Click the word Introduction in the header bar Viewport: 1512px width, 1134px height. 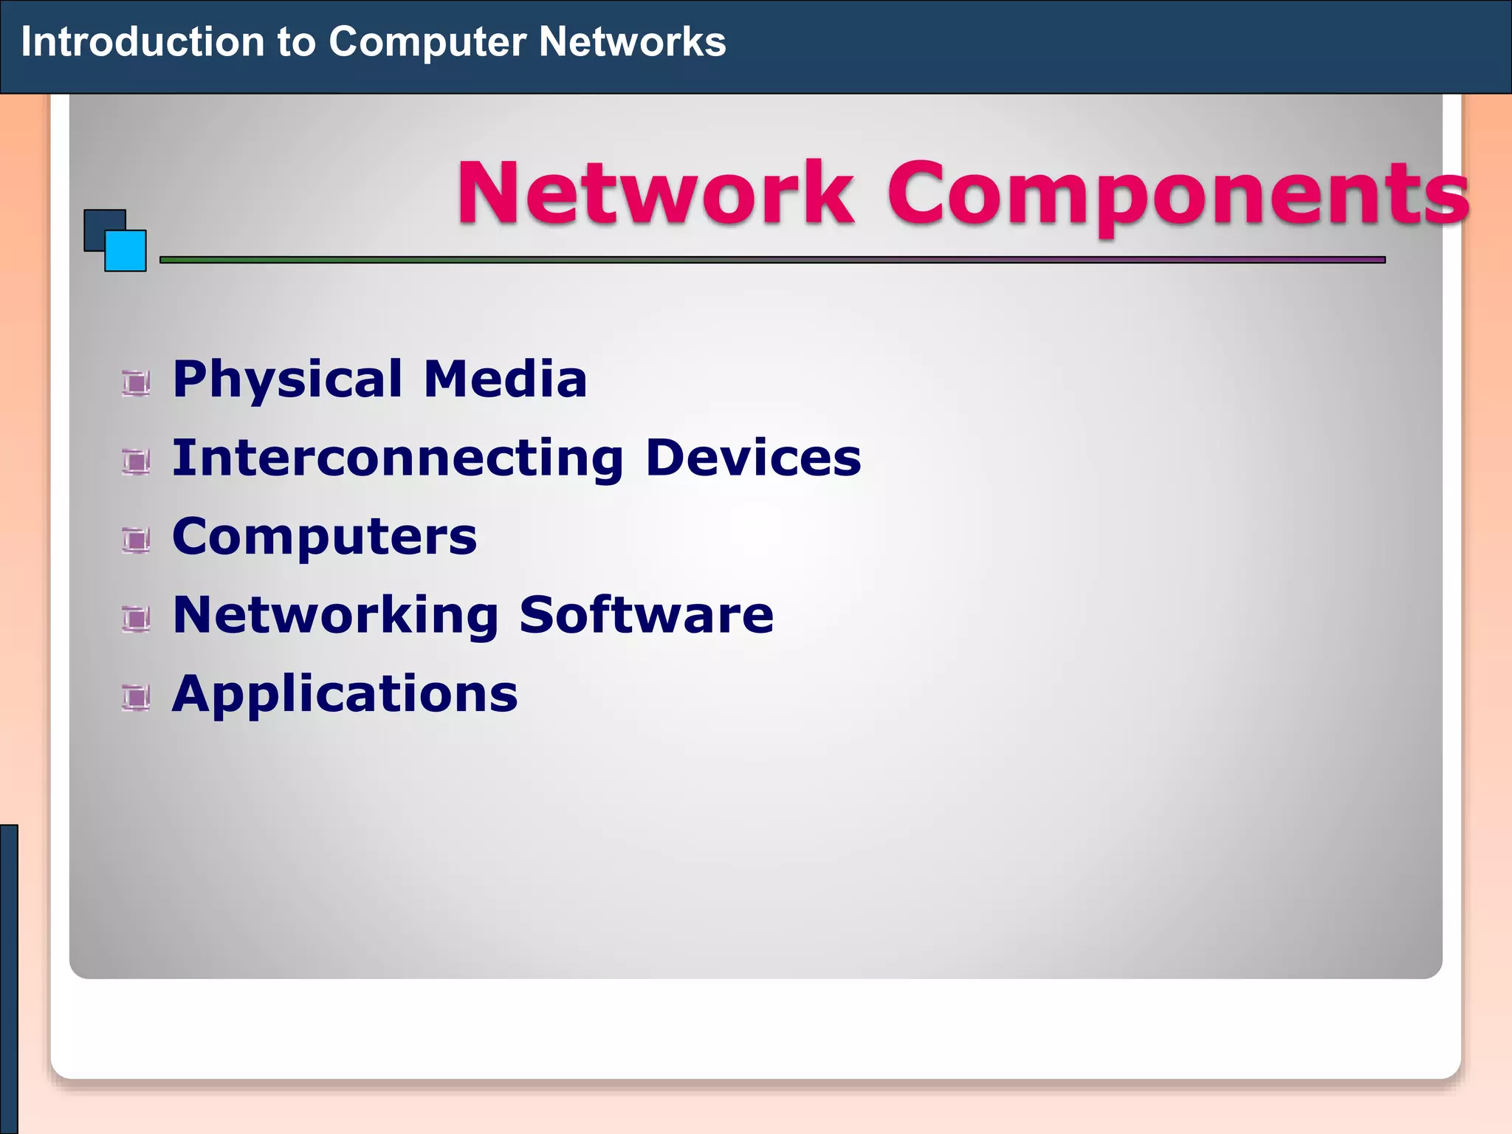[x=142, y=42]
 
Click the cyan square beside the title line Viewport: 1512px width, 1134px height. [x=126, y=252]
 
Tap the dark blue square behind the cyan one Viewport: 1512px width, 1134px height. [x=100, y=225]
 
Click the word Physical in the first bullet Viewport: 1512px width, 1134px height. [x=287, y=379]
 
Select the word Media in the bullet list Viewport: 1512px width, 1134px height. [x=505, y=379]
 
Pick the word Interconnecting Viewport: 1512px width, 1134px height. [x=398, y=458]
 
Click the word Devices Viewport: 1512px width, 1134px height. [x=753, y=458]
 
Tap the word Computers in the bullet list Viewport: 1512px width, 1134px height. [x=324, y=537]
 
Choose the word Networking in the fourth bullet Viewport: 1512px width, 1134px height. [x=336, y=616]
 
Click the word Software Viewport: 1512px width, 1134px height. [x=646, y=614]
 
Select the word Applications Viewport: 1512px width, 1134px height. [x=345, y=695]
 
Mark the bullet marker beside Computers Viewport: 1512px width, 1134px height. [x=136, y=540]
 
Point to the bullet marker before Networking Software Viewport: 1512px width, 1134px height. [x=136, y=619]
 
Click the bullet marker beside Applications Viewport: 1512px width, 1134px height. [x=136, y=698]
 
